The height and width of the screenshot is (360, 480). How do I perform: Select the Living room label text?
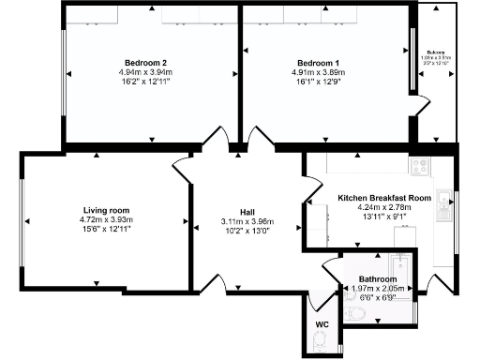[106, 210]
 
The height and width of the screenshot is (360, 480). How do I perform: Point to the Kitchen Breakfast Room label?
[384, 199]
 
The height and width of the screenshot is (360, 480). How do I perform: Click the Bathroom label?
[378, 279]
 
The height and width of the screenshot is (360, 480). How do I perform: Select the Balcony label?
[436, 52]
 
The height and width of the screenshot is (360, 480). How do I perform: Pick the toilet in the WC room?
[321, 344]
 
